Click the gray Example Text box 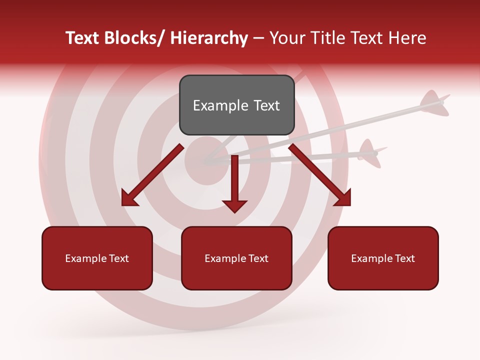[236, 105]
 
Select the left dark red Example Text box [97, 258]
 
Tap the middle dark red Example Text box [236, 258]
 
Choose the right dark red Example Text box [383, 258]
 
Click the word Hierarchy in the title [209, 38]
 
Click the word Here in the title [407, 38]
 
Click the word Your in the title [287, 38]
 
